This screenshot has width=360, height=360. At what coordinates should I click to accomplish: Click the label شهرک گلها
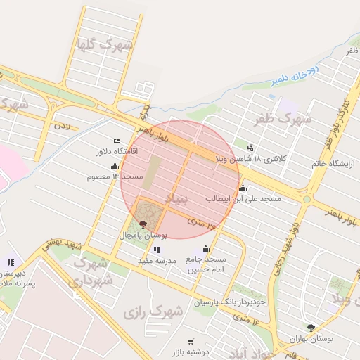click(x=106, y=44)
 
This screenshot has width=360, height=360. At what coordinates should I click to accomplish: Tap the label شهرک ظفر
click(x=283, y=119)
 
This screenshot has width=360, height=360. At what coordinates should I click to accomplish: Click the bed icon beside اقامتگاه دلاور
click(x=117, y=141)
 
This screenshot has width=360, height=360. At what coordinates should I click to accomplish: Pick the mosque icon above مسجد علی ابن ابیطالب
click(x=243, y=188)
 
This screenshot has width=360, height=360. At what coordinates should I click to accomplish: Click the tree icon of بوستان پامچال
click(x=143, y=223)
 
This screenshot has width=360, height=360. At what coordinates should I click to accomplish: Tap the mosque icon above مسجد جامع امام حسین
click(x=205, y=248)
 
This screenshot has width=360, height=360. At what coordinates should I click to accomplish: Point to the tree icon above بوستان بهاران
click(x=311, y=328)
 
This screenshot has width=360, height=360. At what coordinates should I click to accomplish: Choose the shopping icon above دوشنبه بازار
click(x=172, y=341)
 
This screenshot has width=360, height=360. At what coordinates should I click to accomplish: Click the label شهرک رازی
click(x=153, y=309)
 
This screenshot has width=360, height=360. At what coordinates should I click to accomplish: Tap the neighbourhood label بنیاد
click(x=176, y=198)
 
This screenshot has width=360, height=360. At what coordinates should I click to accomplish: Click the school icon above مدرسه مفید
click(x=155, y=250)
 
